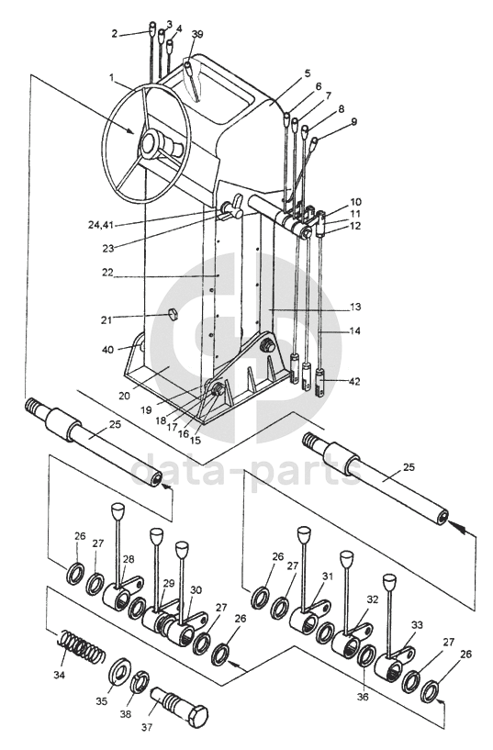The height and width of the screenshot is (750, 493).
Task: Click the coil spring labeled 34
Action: click(x=82, y=650)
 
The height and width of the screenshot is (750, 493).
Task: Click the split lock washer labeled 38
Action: click(x=140, y=681)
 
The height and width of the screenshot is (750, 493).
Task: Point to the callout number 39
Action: click(x=196, y=34)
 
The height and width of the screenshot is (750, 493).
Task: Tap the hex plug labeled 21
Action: click(x=173, y=314)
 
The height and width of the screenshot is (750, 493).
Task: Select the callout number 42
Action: click(x=354, y=381)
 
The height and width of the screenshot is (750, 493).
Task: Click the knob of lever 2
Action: click(x=152, y=27)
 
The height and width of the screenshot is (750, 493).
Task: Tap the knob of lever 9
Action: click(x=314, y=141)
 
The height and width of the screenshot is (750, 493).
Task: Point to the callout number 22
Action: click(x=107, y=272)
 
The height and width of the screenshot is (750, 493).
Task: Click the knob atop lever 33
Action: click(x=390, y=582)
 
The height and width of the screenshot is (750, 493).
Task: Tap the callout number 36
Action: click(x=363, y=697)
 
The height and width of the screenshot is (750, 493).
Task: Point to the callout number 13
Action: click(x=355, y=307)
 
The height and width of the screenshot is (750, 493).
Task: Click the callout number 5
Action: click(x=307, y=73)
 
